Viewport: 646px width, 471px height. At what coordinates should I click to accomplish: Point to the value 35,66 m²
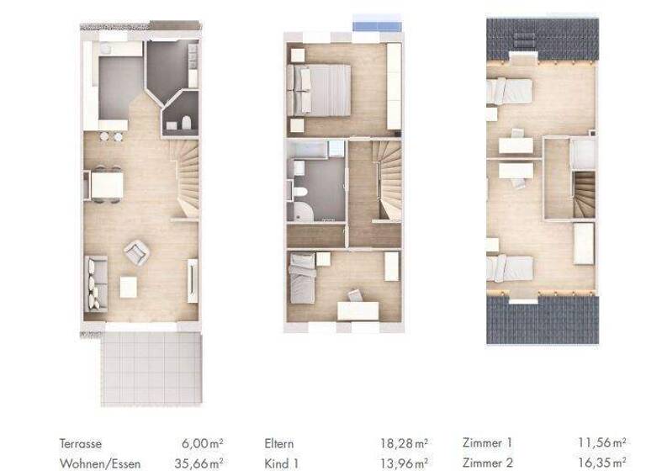(199, 463)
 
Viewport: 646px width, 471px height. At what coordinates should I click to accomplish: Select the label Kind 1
(282, 463)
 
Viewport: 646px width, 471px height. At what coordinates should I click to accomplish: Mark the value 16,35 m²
(602, 462)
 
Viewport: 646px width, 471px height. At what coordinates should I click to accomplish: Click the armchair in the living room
(136, 250)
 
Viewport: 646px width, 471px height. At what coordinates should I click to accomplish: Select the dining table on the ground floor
(107, 183)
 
